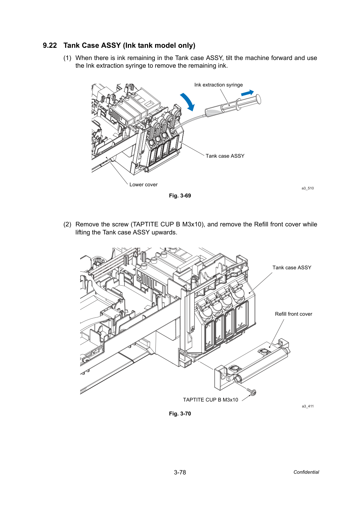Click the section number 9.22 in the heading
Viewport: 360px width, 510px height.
point(50,45)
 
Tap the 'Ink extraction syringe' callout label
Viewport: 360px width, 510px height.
point(218,85)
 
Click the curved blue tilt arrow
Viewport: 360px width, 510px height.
point(188,102)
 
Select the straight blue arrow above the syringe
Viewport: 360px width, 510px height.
point(247,93)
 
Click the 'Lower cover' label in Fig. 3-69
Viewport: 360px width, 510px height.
point(143,185)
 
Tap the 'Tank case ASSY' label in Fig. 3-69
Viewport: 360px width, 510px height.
point(225,156)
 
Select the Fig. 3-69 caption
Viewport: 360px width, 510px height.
point(180,196)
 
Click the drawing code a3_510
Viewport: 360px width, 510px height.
point(308,188)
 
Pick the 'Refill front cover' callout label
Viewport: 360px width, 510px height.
point(293,314)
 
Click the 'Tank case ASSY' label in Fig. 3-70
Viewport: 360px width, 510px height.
point(292,267)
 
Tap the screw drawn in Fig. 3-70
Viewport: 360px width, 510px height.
point(252,392)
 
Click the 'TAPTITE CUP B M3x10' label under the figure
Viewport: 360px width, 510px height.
point(210,399)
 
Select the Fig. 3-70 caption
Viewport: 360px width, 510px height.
point(180,413)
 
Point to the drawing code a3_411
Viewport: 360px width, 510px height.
point(308,406)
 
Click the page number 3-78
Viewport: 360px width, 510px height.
point(180,472)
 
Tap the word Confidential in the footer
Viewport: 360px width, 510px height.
point(306,472)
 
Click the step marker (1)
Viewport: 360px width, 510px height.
point(67,58)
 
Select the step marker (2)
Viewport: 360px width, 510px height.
point(67,224)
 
